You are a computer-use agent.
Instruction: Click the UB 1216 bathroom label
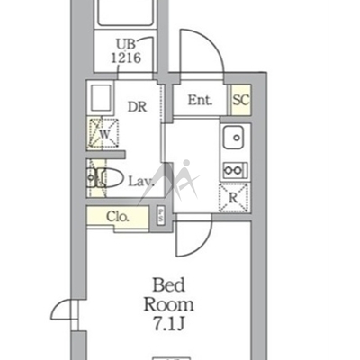coord(126,51)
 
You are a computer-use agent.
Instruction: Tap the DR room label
coord(138,107)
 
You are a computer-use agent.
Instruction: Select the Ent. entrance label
coord(200,100)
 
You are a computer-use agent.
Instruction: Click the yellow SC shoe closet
coord(241,100)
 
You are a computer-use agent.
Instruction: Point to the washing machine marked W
coord(103,133)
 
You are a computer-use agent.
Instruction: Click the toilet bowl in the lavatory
coord(110,178)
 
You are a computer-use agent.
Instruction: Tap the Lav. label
coord(141,181)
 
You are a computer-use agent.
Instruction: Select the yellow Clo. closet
coord(118,217)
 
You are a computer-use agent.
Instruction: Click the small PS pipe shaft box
coord(160,215)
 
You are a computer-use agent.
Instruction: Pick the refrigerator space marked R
coord(234,198)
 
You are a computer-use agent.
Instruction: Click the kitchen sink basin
coord(233,138)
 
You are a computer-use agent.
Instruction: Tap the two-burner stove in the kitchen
coord(235,170)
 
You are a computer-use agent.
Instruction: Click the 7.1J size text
coord(168,324)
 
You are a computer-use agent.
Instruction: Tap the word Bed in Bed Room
coord(168,285)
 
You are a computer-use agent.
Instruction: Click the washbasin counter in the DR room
coord(100,98)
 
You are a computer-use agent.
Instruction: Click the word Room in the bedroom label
coord(168,305)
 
